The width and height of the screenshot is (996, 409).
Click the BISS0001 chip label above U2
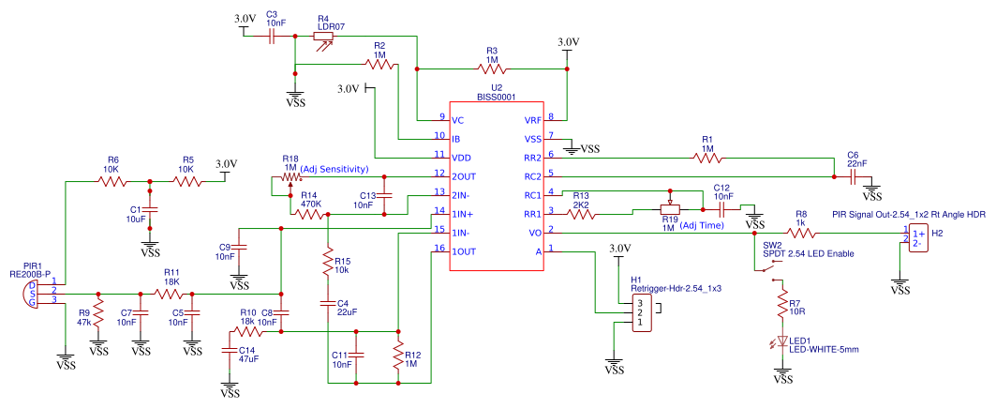[x=497, y=97]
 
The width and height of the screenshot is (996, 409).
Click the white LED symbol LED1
[x=782, y=342]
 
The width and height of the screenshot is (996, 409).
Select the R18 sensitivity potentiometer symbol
[x=290, y=178]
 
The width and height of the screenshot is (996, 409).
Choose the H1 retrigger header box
[x=644, y=313]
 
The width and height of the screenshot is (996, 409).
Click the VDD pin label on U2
[x=461, y=157]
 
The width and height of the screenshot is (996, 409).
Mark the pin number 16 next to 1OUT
[x=439, y=248]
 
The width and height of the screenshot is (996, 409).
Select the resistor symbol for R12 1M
[x=398, y=357]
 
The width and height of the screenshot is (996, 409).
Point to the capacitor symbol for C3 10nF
[x=271, y=37]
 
